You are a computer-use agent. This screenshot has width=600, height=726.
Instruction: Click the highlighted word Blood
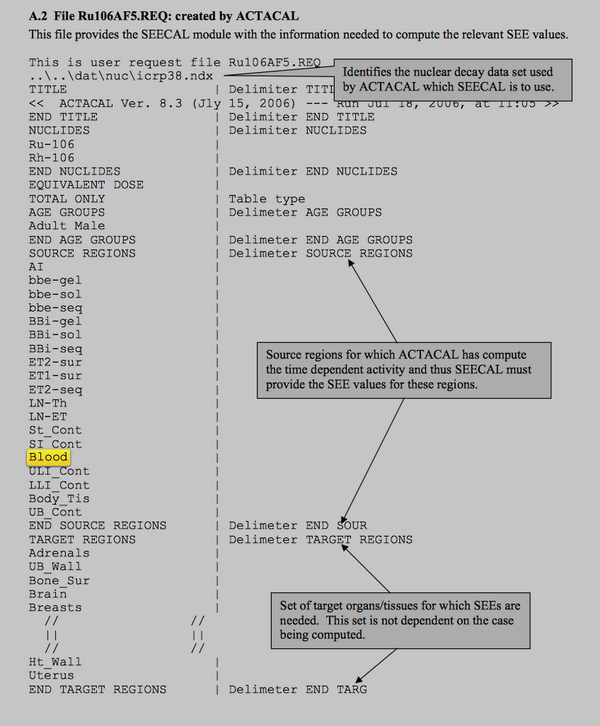(x=49, y=458)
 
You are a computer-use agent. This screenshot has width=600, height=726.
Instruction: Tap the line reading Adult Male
(x=67, y=226)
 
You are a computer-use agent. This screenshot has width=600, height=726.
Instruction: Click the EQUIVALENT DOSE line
(x=86, y=185)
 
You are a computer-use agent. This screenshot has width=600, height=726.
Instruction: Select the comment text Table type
(x=267, y=199)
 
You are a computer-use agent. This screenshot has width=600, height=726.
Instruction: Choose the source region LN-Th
(x=48, y=403)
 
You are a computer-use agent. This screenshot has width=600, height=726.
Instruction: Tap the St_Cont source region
(x=56, y=430)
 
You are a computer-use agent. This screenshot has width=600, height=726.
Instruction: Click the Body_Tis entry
(x=59, y=498)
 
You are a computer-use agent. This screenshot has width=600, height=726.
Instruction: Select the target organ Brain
(x=48, y=593)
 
